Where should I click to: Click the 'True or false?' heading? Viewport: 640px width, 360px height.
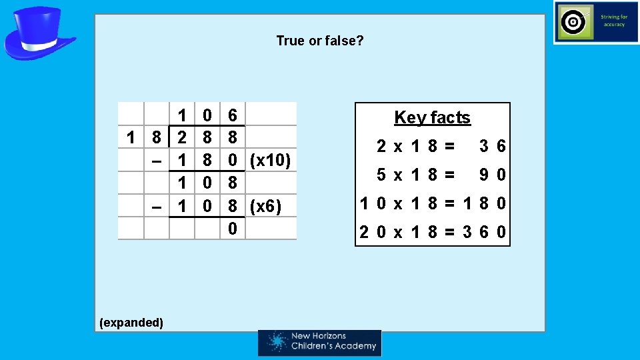[320, 41]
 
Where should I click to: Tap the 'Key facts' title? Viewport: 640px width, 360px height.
[432, 118]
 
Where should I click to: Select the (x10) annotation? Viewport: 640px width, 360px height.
[270, 161]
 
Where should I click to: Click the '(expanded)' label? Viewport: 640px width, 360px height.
[131, 323]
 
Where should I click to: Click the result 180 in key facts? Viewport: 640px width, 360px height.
[483, 203]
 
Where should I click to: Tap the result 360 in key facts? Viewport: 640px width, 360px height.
[483, 233]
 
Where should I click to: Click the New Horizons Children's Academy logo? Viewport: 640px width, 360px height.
[320, 343]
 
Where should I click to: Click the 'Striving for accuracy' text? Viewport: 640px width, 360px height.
[613, 21]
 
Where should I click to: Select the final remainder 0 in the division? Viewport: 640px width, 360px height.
[232, 229]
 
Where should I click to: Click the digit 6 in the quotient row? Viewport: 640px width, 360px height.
[232, 115]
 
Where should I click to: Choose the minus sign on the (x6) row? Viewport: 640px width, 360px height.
[156, 207]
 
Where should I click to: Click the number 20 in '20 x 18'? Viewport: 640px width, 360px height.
[370, 233]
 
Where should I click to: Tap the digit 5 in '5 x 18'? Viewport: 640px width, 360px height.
[381, 175]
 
